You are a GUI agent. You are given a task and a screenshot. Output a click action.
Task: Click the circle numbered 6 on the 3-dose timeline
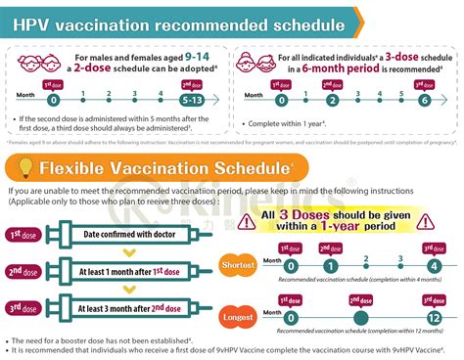click(x=423, y=100)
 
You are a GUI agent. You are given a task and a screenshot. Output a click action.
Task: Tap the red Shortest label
click(x=265, y=265)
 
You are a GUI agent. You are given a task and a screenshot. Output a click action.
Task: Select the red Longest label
click(x=265, y=318)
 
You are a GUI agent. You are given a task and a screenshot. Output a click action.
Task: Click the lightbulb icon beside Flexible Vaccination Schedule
click(x=21, y=165)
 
